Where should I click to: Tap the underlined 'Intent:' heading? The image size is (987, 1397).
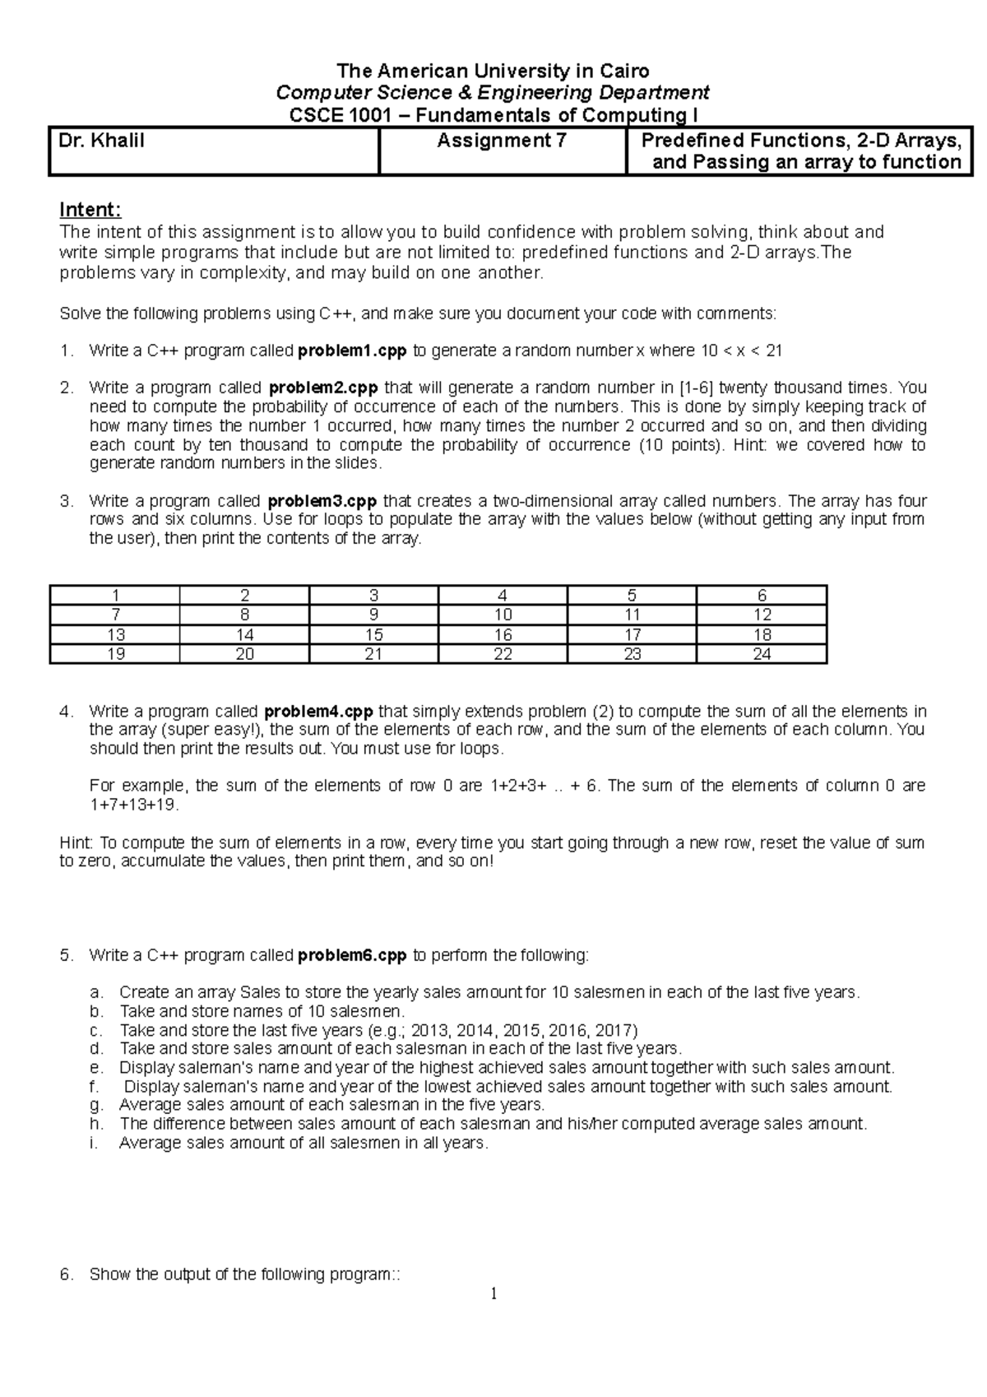point(90,211)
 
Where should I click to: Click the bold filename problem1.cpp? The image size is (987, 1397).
point(352,351)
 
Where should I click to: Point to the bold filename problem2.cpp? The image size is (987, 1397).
point(323,388)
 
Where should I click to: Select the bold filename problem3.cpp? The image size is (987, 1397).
point(323,501)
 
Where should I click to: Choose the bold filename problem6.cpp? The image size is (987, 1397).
point(352,955)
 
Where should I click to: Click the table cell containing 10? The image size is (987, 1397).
point(503,615)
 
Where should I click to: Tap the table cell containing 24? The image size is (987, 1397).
point(762,654)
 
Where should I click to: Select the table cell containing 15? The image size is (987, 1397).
point(373,634)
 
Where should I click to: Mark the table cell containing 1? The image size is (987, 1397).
point(115,595)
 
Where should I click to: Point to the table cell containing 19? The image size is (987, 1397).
point(115,654)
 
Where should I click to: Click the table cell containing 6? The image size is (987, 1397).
point(762,595)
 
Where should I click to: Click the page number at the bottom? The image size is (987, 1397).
point(493,1294)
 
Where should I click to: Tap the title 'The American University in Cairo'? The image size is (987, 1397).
point(493,71)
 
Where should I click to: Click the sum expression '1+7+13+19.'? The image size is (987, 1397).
point(133,805)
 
